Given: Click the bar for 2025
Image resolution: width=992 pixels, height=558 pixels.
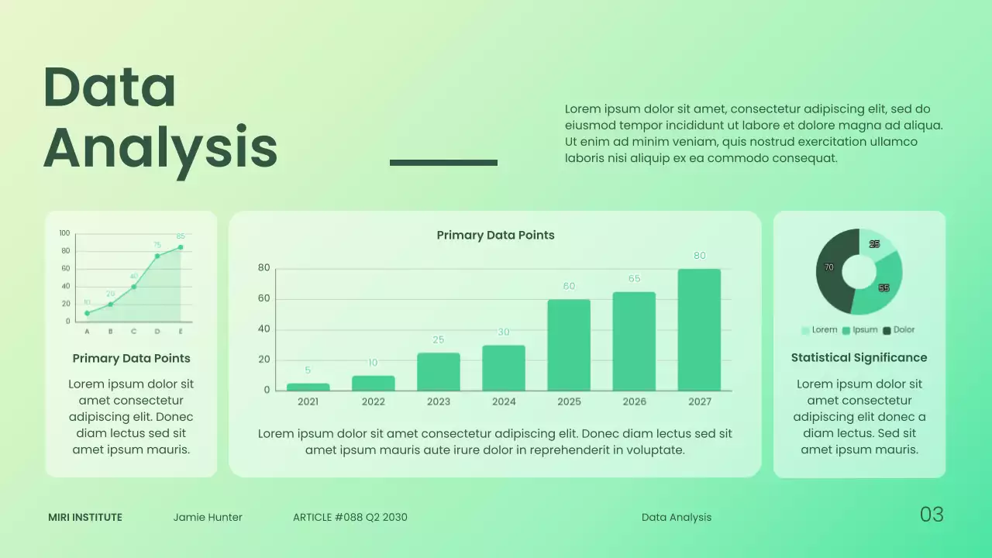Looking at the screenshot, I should tap(569, 345).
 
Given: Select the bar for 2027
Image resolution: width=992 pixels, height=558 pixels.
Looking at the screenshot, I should tap(699, 329).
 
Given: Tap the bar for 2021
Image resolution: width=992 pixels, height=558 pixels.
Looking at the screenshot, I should tap(308, 387).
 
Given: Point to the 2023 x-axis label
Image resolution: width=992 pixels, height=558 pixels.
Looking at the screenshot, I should tap(439, 401).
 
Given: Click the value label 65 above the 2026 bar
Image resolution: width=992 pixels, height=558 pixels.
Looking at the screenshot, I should tap(634, 278).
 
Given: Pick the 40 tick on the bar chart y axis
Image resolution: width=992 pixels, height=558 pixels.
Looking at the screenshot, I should tap(263, 329).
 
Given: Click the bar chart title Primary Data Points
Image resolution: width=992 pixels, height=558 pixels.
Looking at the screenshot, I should tap(495, 235).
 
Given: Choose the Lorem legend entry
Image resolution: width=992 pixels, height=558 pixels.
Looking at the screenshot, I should tap(819, 330).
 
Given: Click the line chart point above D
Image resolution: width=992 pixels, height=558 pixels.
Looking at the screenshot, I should tap(157, 256).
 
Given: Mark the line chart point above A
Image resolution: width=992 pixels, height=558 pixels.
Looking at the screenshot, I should tap(87, 313).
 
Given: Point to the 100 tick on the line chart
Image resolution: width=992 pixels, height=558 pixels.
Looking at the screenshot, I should tap(64, 232).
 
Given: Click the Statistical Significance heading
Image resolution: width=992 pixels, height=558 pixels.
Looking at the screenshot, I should tap(859, 357).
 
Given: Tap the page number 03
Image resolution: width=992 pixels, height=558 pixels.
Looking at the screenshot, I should tap(932, 514).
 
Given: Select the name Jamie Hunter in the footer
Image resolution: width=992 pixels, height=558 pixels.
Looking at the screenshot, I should tap(208, 517).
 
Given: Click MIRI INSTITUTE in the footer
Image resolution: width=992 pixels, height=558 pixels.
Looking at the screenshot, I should tap(85, 517).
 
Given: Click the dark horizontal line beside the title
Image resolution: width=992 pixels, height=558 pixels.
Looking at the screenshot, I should tap(443, 162).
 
